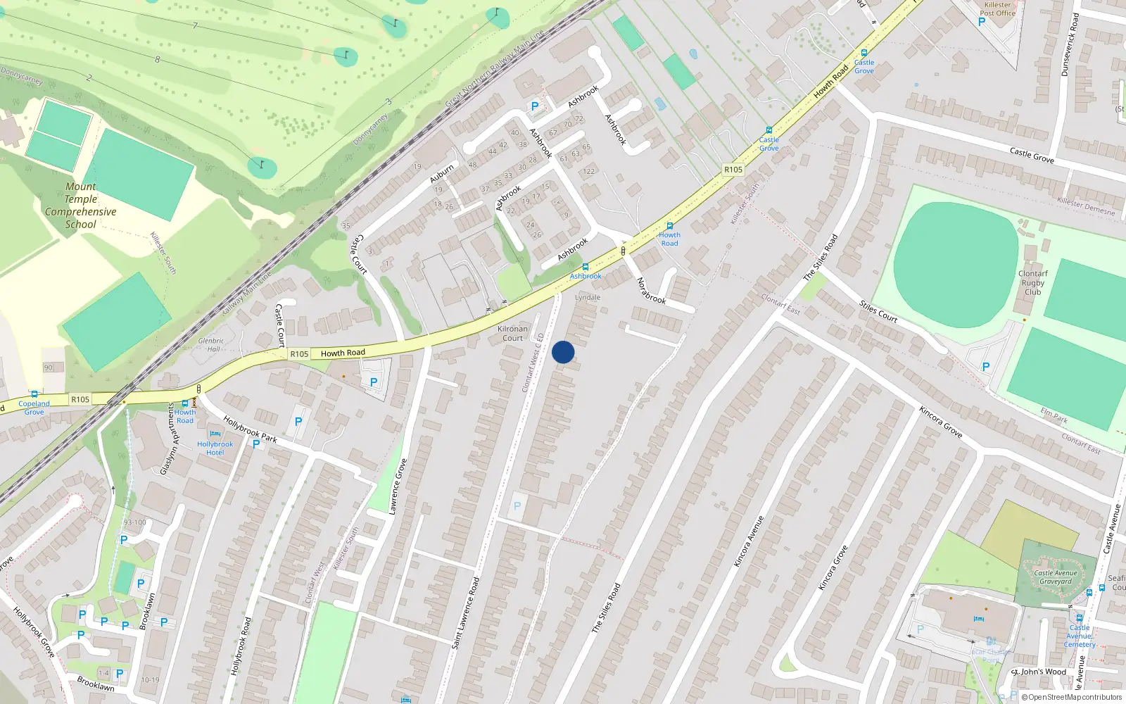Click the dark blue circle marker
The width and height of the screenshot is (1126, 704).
(563, 352)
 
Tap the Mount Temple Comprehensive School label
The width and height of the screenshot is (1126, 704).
(81, 206)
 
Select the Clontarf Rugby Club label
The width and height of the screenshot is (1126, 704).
(1032, 282)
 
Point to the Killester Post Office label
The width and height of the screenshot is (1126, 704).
(998, 9)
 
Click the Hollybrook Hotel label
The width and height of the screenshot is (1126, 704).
(215, 448)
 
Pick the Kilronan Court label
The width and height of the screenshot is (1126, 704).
(512, 333)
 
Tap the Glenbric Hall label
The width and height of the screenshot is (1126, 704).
(211, 344)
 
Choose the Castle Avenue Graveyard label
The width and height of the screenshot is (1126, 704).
(1056, 577)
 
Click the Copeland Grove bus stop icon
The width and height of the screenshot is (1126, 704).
(34, 394)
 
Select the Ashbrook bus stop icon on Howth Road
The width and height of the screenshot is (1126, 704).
(586, 268)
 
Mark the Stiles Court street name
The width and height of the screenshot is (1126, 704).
(878, 311)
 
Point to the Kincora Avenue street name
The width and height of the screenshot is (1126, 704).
(749, 541)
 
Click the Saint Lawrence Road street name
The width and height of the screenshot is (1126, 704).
(466, 612)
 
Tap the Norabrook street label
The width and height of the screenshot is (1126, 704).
(651, 290)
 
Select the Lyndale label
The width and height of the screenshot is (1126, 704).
(588, 297)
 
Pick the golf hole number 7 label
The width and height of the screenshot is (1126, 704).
(195, 26)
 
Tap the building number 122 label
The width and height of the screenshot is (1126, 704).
(589, 171)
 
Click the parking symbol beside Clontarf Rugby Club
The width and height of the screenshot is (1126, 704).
(985, 367)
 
